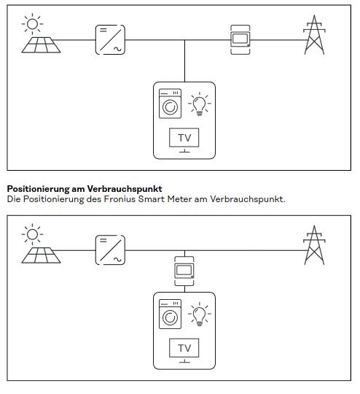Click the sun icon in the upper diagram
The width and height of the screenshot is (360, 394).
click(x=32, y=24)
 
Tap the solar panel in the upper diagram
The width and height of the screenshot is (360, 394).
click(x=41, y=45)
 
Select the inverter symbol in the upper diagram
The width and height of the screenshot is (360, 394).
click(x=110, y=39)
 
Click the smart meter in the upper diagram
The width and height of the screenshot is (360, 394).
click(x=240, y=39)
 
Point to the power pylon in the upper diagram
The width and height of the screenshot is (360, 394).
click(x=314, y=35)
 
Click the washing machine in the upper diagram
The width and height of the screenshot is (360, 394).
click(x=170, y=104)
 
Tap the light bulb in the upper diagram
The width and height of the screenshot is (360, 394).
click(x=200, y=104)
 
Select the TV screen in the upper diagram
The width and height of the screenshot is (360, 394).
click(x=184, y=138)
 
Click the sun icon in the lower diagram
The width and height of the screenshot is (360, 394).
click(x=32, y=234)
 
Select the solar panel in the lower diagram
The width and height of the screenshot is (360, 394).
click(x=41, y=255)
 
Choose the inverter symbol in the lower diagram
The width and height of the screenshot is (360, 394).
click(x=110, y=250)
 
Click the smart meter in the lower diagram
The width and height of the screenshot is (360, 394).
click(x=184, y=271)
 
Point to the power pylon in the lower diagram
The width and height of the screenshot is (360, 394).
click(x=314, y=245)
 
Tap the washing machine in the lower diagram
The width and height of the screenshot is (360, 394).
click(x=170, y=314)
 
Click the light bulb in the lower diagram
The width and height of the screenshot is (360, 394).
click(x=200, y=314)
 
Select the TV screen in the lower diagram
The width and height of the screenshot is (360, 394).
click(x=184, y=348)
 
